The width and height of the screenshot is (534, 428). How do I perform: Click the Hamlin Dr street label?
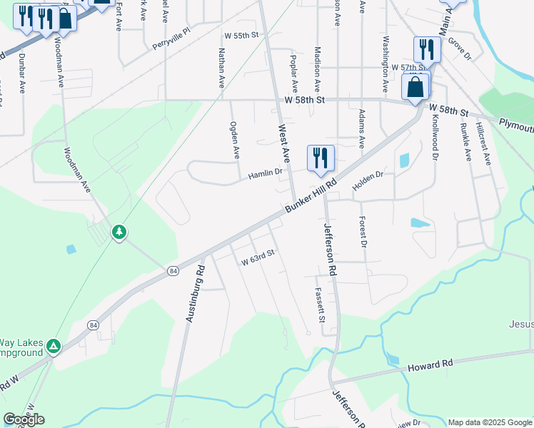(x=266, y=173)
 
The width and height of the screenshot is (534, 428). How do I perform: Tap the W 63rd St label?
(x=258, y=262)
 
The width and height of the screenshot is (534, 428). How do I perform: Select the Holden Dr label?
(x=368, y=175)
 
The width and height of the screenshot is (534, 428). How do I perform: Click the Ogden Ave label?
(x=233, y=139)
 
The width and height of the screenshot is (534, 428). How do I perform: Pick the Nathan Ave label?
(x=222, y=67)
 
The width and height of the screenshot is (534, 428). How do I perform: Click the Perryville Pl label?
(x=172, y=40)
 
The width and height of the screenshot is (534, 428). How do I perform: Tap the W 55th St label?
(x=240, y=35)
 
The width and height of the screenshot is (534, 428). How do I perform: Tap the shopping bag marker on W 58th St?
(x=415, y=88)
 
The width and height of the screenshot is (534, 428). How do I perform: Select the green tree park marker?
(x=119, y=232)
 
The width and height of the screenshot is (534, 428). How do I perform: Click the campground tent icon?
(x=53, y=347)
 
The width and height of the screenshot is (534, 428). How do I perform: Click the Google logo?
(x=24, y=419)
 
